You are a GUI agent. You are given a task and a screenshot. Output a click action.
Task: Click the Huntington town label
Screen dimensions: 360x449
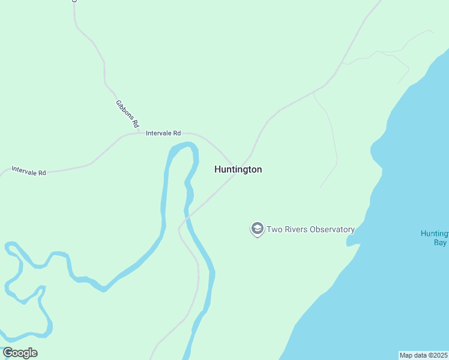pyautogui.click(x=238, y=170)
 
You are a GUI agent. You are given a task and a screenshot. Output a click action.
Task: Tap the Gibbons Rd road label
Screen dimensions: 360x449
pyautogui.click(x=127, y=114)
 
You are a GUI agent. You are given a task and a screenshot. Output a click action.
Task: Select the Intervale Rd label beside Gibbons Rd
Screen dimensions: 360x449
pyautogui.click(x=163, y=133)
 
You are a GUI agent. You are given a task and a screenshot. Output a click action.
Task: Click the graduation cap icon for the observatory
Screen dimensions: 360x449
pyautogui.click(x=257, y=229)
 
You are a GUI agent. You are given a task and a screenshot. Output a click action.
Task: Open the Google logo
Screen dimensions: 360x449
pyautogui.click(x=20, y=353)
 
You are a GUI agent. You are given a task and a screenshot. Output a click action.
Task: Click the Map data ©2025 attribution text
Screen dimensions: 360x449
pyautogui.click(x=423, y=355)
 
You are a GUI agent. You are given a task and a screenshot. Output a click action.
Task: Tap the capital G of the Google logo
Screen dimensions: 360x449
pyautogui.click(x=8, y=353)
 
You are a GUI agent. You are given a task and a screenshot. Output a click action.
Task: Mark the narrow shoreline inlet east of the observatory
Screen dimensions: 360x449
pyautogui.click(x=352, y=242)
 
